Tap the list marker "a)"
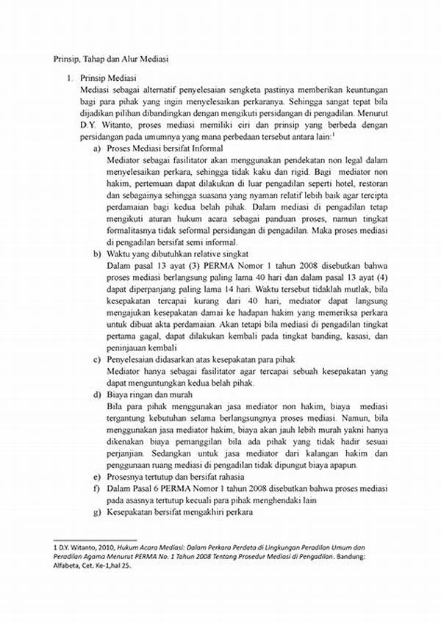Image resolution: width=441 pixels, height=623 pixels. click(97, 148)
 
